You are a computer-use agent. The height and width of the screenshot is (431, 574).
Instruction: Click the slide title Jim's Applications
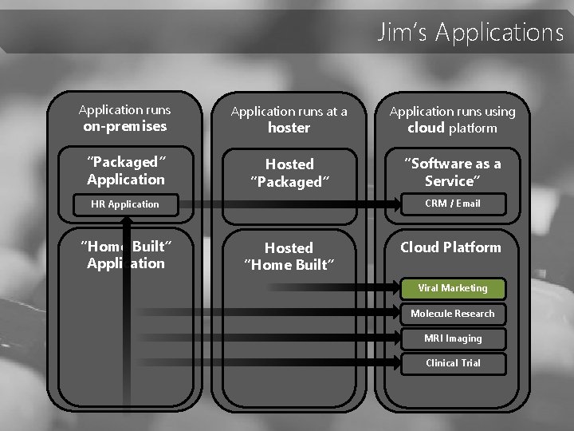(x=470, y=32)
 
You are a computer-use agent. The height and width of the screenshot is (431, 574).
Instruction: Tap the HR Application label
(x=125, y=204)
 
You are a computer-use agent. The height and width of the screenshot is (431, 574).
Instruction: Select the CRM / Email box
(x=452, y=204)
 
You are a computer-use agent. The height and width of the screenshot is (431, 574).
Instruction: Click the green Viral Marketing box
(x=452, y=288)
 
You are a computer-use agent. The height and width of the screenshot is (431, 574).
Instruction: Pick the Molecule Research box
(x=452, y=314)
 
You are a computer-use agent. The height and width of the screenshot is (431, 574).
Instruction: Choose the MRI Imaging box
(x=452, y=338)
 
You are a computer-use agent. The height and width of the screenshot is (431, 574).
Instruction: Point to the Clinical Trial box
(x=452, y=363)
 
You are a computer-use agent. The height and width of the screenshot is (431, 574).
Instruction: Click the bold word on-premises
(x=125, y=126)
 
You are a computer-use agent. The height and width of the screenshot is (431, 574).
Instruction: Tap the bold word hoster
(x=289, y=128)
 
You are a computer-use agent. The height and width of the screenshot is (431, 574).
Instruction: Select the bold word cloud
(x=426, y=128)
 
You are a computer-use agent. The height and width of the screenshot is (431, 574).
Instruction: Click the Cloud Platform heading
(x=450, y=247)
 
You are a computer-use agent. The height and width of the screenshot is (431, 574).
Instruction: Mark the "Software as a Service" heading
(x=452, y=172)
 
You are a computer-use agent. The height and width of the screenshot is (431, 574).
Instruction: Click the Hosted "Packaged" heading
(x=289, y=172)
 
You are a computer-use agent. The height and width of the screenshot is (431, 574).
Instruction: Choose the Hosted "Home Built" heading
(x=289, y=256)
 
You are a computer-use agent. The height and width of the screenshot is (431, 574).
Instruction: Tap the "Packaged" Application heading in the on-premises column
(x=126, y=171)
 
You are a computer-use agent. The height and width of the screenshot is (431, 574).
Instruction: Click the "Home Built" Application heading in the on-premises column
(x=126, y=255)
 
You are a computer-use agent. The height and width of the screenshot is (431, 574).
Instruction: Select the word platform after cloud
(x=473, y=129)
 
